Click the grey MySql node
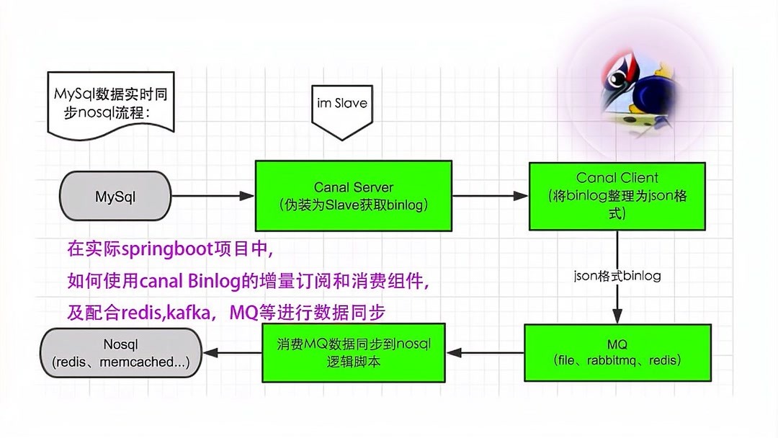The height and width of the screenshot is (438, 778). (x=115, y=196)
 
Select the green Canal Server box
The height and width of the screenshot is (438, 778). (x=353, y=196)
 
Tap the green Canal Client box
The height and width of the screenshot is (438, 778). (x=617, y=196)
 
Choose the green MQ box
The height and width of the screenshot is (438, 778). (x=617, y=352)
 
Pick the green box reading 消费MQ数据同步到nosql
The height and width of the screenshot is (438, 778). (x=353, y=352)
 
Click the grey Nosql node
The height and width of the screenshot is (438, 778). (x=121, y=353)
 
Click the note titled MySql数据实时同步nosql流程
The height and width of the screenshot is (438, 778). (x=110, y=103)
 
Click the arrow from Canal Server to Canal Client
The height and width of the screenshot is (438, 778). (x=490, y=195)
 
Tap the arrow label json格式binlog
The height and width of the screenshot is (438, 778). (x=617, y=276)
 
